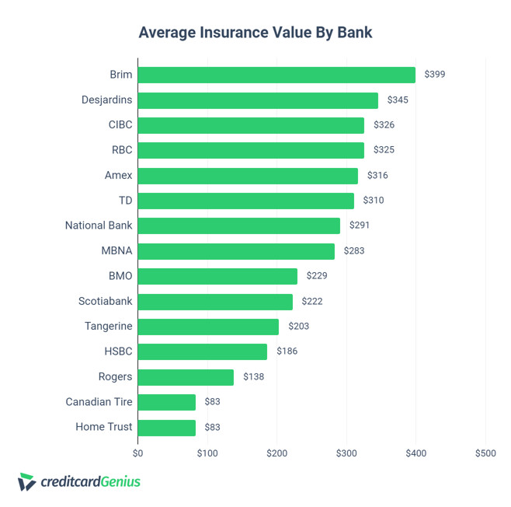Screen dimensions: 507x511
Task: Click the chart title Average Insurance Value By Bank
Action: [x=255, y=33]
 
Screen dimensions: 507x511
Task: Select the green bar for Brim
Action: [x=276, y=75]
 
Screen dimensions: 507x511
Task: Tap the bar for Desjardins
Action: [x=258, y=100]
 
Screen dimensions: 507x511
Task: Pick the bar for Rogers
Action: [x=186, y=377]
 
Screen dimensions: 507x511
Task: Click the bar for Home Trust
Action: [x=167, y=427]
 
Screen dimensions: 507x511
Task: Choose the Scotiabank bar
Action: [x=215, y=302]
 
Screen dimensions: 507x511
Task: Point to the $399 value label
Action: [x=435, y=75]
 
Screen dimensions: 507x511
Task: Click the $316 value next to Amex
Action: [x=377, y=176]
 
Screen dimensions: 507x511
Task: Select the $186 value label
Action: [x=287, y=351]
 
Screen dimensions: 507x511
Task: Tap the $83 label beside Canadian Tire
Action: [x=212, y=402]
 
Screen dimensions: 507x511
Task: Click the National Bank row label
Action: [x=99, y=226]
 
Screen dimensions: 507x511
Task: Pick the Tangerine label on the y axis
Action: [x=109, y=327]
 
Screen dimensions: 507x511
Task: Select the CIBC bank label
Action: [x=120, y=125]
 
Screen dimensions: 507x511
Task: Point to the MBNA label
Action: [x=117, y=251]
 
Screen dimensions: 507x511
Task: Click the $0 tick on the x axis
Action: [x=138, y=453]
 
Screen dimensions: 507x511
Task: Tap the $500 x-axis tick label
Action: [x=485, y=453]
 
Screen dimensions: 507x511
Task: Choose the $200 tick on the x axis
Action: [x=276, y=453]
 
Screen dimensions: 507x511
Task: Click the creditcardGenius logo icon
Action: [x=26, y=482]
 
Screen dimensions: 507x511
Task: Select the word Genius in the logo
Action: [x=120, y=481]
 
